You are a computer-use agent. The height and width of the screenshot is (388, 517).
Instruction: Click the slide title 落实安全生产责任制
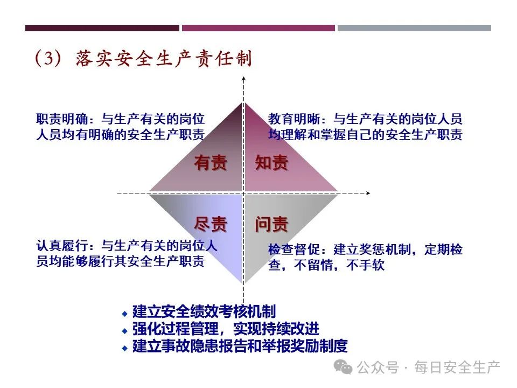164,59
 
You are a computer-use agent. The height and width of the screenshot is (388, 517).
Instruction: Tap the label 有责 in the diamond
211,163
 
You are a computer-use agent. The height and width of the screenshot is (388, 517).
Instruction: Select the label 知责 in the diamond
271,163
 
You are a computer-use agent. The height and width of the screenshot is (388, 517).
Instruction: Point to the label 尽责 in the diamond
211,224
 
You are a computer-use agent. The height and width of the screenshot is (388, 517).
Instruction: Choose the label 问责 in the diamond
271,224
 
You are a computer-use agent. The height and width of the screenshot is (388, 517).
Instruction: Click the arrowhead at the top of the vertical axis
244,81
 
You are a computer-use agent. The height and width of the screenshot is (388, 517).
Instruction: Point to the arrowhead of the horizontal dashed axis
368,192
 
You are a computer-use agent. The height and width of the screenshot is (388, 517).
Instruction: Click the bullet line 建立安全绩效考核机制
204,311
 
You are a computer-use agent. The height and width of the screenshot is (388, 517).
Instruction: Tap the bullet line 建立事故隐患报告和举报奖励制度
240,346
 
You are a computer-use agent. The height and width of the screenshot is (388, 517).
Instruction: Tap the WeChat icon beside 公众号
343,367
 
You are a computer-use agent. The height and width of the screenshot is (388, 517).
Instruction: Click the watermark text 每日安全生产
457,368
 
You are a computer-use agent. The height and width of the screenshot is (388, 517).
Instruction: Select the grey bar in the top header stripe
414,28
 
